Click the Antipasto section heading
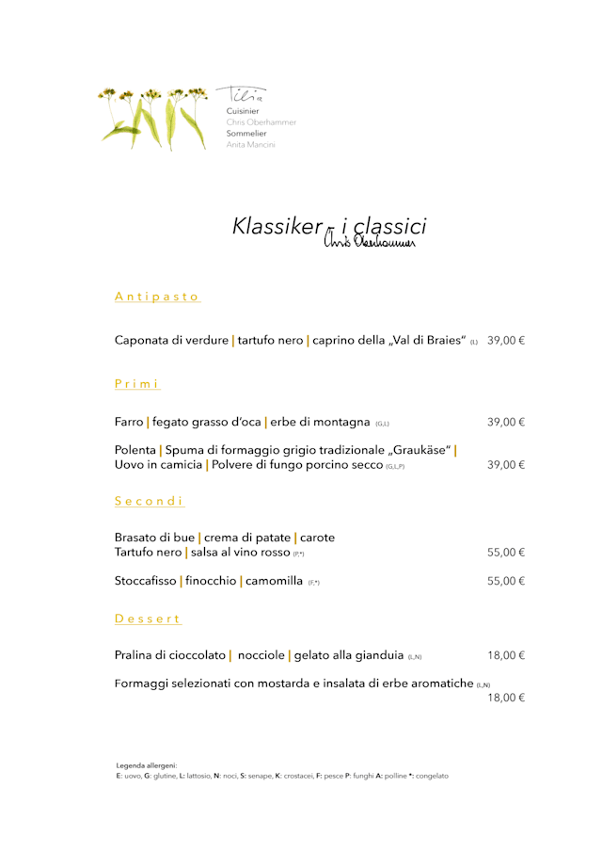[x=157, y=297]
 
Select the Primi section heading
[x=137, y=384]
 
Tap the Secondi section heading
[x=150, y=501]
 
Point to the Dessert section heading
[x=148, y=619]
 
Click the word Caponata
[x=143, y=340]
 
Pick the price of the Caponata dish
[x=506, y=340]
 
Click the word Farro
[x=129, y=422]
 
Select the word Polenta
[x=135, y=450]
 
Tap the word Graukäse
[x=420, y=450]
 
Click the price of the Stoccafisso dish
[x=506, y=581]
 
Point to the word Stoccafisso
[x=145, y=581]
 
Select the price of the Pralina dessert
[x=506, y=654]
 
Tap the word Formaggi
[x=143, y=683]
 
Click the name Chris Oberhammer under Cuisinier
[x=261, y=122]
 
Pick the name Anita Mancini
[x=250, y=145]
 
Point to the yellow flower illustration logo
[x=154, y=118]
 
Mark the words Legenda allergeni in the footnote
[x=147, y=765]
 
